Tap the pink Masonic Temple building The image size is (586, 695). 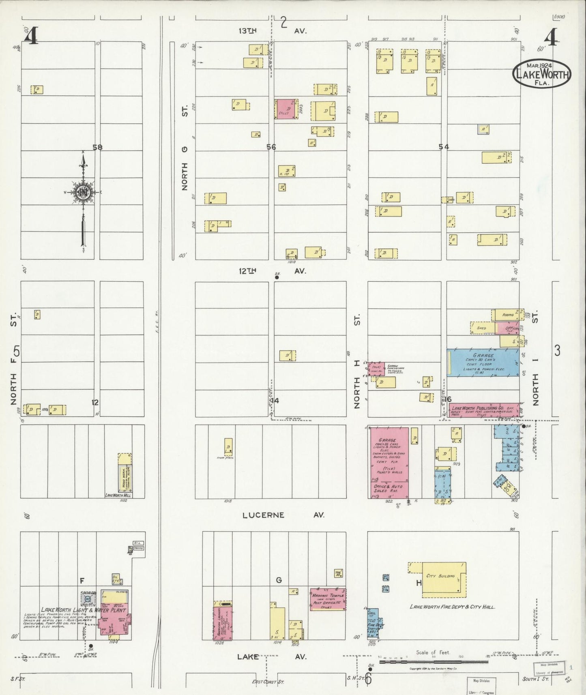tap(328, 599)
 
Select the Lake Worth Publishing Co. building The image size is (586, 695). tap(483, 410)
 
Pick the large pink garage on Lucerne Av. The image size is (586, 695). tap(388, 462)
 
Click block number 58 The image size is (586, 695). tap(97, 148)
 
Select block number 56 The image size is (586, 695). tap(271, 147)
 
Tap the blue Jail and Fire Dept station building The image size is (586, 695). tap(372, 625)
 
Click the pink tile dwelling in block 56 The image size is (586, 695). tap(285, 109)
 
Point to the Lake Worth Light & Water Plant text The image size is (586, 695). tap(83, 610)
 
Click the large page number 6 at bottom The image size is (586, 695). tap(368, 679)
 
